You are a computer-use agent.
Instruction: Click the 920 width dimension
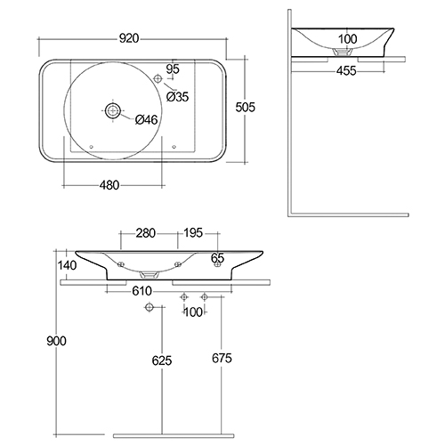129,38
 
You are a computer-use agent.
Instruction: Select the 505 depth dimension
246,107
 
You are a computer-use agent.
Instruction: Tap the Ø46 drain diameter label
146,120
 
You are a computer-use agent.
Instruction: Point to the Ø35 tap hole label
177,97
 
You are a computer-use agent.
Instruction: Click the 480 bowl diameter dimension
109,185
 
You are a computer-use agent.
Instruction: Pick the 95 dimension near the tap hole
173,69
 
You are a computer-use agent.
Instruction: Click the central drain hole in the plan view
113,110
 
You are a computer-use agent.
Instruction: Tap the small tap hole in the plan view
158,78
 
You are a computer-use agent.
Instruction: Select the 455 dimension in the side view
346,71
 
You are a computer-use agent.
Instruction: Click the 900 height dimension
56,341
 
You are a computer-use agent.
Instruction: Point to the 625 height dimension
162,360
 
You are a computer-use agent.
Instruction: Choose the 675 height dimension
222,359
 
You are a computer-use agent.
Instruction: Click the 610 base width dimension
142,291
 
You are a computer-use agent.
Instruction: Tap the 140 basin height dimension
67,265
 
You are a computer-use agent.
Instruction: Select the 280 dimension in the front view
146,233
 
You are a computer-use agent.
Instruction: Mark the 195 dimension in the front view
193,233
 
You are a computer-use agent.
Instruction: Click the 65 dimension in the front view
217,258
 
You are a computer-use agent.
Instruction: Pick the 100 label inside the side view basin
348,39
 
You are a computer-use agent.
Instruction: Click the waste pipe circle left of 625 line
150,307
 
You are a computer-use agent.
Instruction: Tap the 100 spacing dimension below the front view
193,312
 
